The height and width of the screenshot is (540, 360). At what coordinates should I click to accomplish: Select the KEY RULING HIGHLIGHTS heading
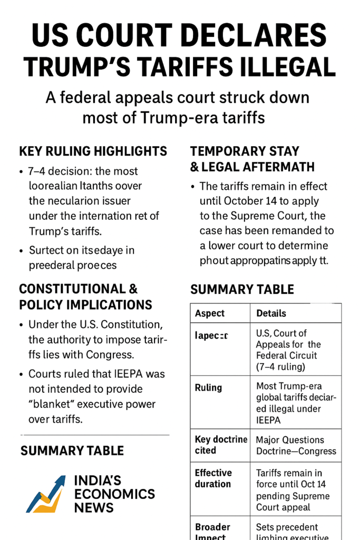(93, 151)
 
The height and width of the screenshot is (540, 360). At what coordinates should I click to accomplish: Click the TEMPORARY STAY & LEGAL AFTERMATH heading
(252, 159)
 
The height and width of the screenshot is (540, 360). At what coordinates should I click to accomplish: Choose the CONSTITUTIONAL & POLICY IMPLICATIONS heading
(85, 297)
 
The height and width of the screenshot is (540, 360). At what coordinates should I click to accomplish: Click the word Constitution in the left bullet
(134, 324)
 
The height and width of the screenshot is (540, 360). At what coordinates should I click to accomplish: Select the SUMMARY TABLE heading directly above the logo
(72, 450)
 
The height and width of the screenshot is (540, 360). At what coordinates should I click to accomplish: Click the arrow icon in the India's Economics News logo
(46, 495)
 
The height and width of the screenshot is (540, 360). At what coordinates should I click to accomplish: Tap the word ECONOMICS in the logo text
(114, 494)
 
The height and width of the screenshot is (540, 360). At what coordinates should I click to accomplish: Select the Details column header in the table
(271, 313)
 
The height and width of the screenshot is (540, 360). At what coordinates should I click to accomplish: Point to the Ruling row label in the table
(208, 388)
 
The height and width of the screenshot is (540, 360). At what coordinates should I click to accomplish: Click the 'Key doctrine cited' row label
(220, 445)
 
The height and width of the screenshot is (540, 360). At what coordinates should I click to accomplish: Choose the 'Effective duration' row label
(213, 478)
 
